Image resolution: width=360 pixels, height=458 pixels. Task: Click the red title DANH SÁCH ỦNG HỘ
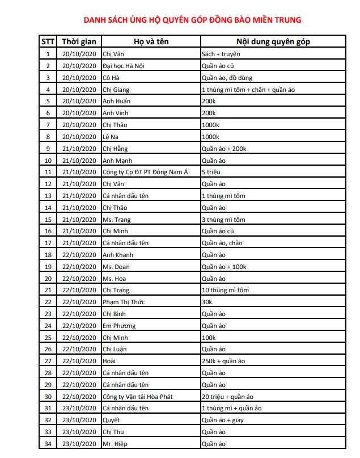coord(192,20)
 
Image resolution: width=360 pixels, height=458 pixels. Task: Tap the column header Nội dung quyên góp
coord(273,41)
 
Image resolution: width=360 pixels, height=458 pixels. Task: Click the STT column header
coord(48,41)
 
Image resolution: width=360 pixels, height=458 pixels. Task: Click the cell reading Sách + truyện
coord(221,54)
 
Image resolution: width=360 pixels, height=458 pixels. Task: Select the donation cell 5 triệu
coord(211,172)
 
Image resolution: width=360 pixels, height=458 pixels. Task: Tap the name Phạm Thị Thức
coord(123,302)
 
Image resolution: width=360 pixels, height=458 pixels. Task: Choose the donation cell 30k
coord(206,302)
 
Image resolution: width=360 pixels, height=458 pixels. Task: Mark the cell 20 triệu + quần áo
coord(227,397)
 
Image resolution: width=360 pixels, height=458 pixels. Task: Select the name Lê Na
coord(110,137)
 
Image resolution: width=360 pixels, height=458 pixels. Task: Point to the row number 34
coord(48,444)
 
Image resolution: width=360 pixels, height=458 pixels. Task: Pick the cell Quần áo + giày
coord(223,421)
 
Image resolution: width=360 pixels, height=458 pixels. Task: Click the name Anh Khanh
coord(117,255)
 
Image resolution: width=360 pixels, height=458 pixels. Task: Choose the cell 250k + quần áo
coord(223,361)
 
